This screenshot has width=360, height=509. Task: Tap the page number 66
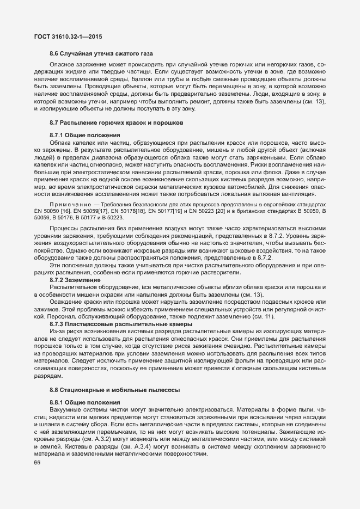[37, 463]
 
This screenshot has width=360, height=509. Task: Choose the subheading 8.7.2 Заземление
[75, 279]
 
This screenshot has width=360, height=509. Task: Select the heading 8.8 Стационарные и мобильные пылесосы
[115, 389]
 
